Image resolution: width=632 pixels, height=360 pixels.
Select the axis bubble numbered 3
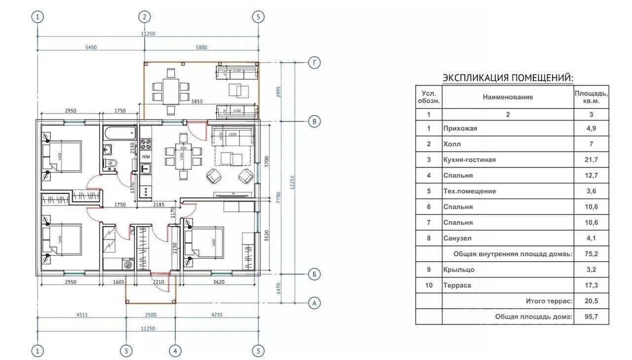coord(126,351)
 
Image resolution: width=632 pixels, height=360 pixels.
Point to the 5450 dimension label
coord(91,47)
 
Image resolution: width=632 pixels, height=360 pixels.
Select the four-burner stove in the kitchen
coord(146,144)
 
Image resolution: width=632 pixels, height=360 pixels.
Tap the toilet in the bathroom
coord(111,163)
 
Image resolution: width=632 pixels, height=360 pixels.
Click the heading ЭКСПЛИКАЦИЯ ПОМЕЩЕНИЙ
coord(508,78)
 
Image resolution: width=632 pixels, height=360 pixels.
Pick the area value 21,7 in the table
coord(591,160)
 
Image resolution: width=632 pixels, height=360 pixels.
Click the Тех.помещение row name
coord(470,191)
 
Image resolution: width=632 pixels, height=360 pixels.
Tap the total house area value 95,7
coord(591,317)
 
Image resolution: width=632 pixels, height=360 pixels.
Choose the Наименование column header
coord(508,97)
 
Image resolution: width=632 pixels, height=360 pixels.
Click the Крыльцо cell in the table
coord(459,270)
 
